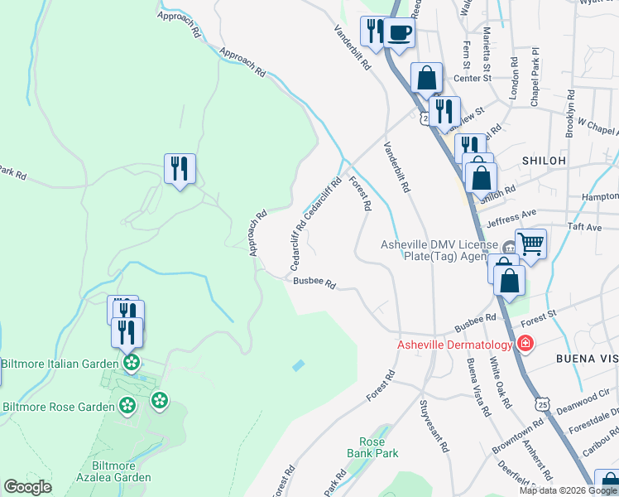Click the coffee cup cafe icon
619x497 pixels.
coord(399,34)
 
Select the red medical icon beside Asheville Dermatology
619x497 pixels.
coord(524,343)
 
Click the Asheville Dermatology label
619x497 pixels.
coord(455,344)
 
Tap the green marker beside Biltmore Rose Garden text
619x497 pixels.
coord(127,406)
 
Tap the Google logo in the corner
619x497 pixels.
coord(27,487)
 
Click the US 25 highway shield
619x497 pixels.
coord(542,403)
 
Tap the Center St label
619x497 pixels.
coord(475,79)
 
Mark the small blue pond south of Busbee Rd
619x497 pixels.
coord(298,364)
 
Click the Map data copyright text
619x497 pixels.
coord(567,490)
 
